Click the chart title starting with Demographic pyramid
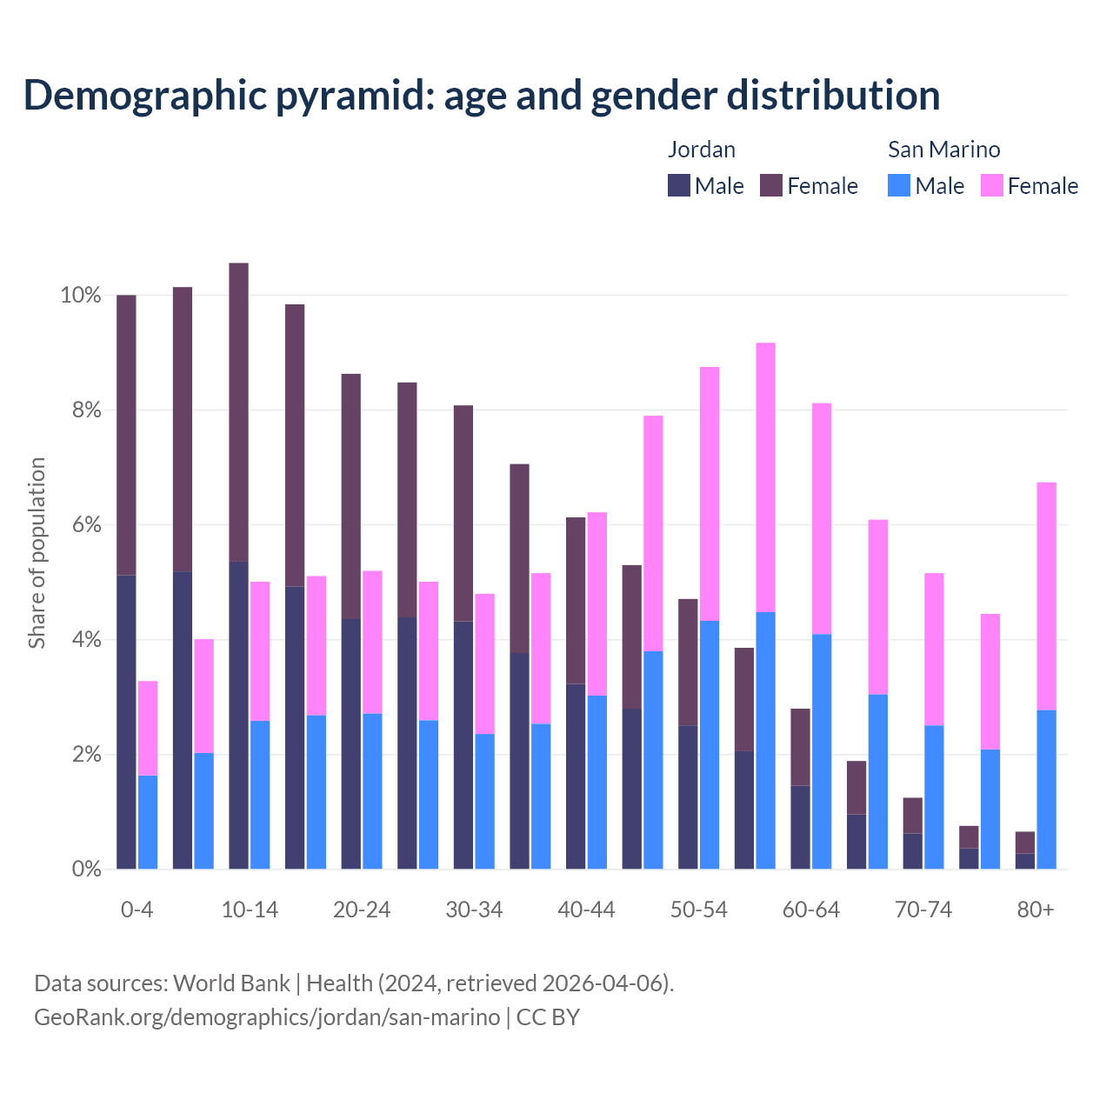pyautogui.click(x=482, y=96)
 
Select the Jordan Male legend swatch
pyautogui.click(x=679, y=185)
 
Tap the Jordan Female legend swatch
pyautogui.click(x=771, y=185)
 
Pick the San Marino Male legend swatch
pyautogui.click(x=899, y=185)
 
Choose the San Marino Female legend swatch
pyautogui.click(x=992, y=185)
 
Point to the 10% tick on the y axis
pyautogui.click(x=81, y=296)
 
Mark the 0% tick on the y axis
pyautogui.click(x=84, y=869)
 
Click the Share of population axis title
pyautogui.click(x=37, y=553)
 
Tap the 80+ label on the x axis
pyautogui.click(x=1036, y=910)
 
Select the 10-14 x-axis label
pyautogui.click(x=250, y=910)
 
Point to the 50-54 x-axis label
pyautogui.click(x=699, y=910)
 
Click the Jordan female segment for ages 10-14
pyautogui.click(x=238, y=412)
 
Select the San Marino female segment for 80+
pyautogui.click(x=1047, y=596)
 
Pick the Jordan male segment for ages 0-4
pyautogui.click(x=126, y=722)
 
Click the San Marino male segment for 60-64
pyautogui.click(x=822, y=751)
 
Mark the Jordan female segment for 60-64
pyautogui.click(x=800, y=747)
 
